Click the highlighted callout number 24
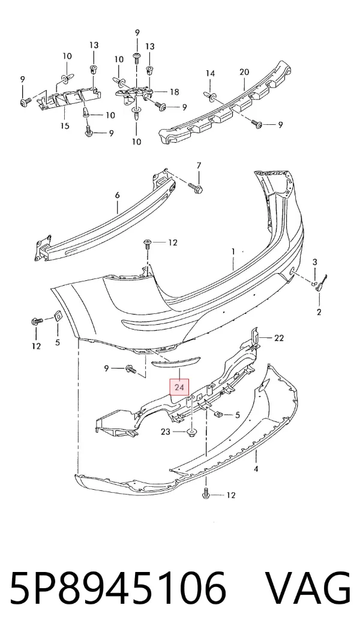coord(179,387)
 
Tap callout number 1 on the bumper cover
coord(233,252)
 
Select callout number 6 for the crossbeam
coord(117,196)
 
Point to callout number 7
coord(199,166)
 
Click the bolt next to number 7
coord(196,188)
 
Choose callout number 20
coord(244,72)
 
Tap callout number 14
coord(210,74)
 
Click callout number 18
coord(174,92)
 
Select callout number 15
coord(65,125)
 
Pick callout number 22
coord(278,338)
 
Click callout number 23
coord(166,431)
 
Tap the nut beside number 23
coord(191,432)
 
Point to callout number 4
coord(256,469)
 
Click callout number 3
coord(315,262)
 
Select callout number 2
coord(319,312)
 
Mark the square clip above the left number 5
coord(57,316)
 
